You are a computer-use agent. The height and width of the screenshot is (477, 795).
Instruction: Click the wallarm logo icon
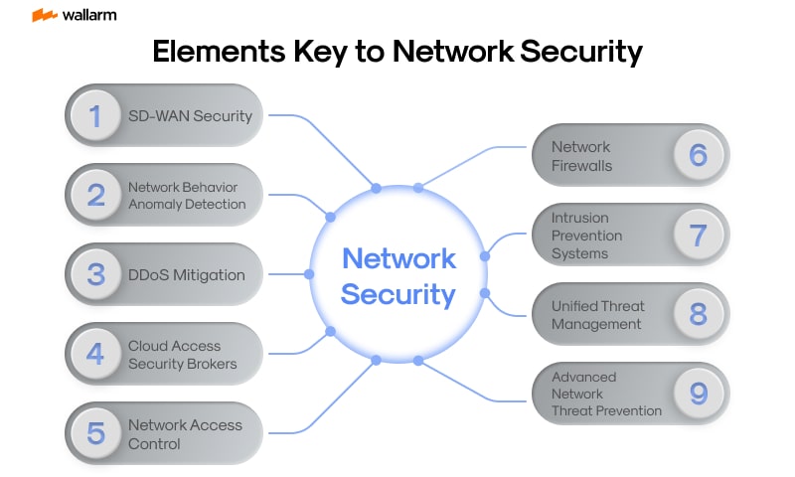(x=43, y=15)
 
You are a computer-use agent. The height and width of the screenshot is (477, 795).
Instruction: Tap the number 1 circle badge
(x=96, y=115)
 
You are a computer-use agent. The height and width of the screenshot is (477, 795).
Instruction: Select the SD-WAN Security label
(x=190, y=115)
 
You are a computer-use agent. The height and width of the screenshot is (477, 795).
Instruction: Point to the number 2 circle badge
(x=96, y=195)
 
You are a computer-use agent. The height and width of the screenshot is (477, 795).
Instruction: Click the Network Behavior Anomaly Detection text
(x=187, y=195)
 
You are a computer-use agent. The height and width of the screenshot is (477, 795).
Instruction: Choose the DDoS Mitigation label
(x=186, y=274)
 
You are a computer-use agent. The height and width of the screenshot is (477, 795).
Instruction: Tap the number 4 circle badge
(x=96, y=354)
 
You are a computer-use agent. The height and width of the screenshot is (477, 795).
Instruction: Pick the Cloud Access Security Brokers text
(x=183, y=355)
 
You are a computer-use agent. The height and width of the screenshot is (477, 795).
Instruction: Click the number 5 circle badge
(x=96, y=433)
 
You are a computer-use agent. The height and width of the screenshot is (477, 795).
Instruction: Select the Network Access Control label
(x=185, y=434)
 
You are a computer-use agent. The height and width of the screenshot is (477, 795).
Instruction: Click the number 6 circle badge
(x=699, y=155)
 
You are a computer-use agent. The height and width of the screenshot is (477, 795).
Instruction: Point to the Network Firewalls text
(x=582, y=156)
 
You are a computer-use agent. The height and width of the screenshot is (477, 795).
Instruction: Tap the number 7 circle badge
(x=699, y=235)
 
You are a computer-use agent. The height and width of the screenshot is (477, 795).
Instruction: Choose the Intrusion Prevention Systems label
(x=587, y=236)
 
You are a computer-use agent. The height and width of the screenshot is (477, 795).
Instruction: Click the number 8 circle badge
(x=699, y=314)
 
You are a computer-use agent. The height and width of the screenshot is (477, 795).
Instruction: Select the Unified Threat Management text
(x=598, y=315)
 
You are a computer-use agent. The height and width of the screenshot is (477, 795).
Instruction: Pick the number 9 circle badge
(x=699, y=394)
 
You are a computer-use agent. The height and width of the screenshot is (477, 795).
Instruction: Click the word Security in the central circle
(x=397, y=294)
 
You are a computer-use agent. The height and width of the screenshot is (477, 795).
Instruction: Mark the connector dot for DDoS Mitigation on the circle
(x=309, y=274)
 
